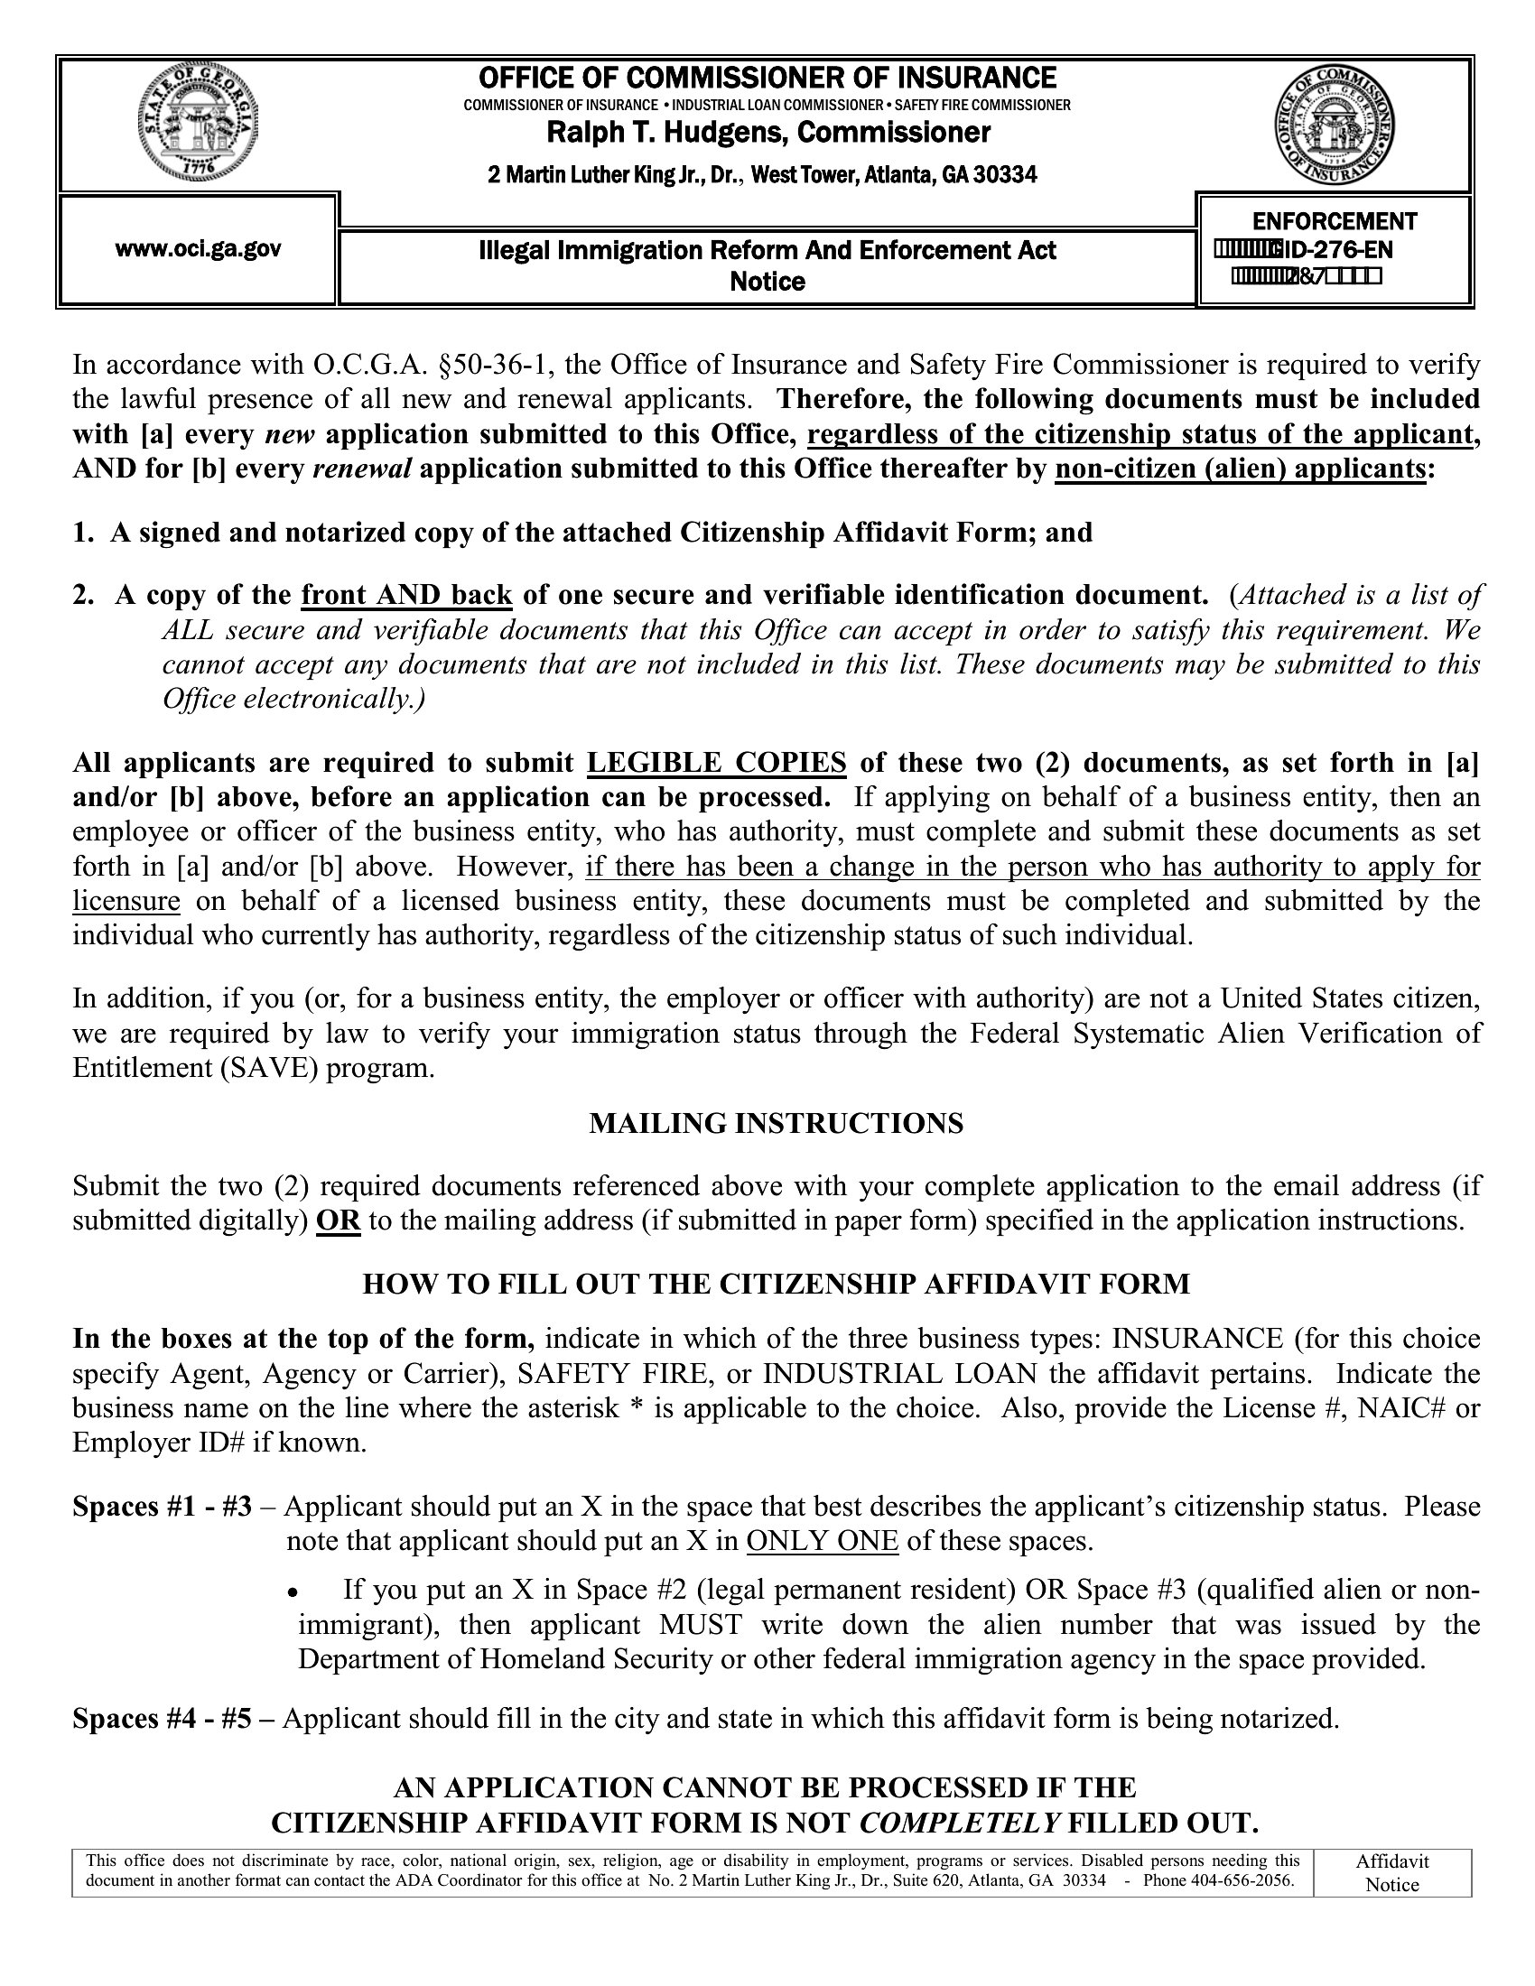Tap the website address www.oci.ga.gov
pyautogui.click(x=199, y=248)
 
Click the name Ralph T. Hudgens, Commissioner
pyautogui.click(x=767, y=134)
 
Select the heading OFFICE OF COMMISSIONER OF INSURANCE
pyautogui.click(x=767, y=78)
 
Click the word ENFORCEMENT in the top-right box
pyautogui.click(x=1334, y=221)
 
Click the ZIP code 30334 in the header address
pyautogui.click(x=1005, y=174)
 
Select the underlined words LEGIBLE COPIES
pyautogui.click(x=717, y=762)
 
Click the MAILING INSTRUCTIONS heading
pyautogui.click(x=776, y=1124)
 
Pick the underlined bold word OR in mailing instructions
pyautogui.click(x=339, y=1220)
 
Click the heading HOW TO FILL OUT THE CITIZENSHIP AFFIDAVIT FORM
pyautogui.click(x=776, y=1284)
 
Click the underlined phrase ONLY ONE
pyautogui.click(x=822, y=1541)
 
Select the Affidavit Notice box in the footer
pyautogui.click(x=1392, y=1873)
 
